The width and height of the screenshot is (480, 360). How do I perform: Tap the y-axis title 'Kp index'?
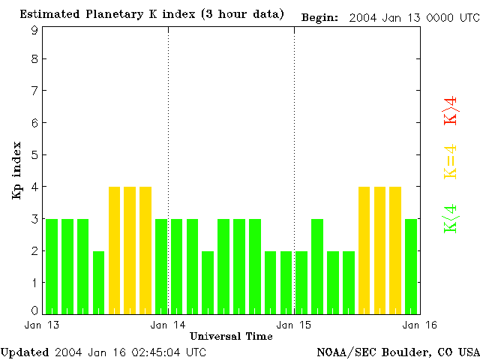16,170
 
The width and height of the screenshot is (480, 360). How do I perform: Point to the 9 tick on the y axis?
34,30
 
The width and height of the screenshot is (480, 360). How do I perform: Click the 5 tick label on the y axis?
34,155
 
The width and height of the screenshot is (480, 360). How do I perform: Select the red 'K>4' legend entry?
451,110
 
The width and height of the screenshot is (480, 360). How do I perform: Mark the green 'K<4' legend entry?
451,218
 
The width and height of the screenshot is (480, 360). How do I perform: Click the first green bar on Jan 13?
52,266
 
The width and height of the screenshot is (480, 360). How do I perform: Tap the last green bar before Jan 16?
411,266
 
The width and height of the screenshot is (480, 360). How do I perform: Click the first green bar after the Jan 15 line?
301,282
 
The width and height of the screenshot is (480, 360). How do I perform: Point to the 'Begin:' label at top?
319,16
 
